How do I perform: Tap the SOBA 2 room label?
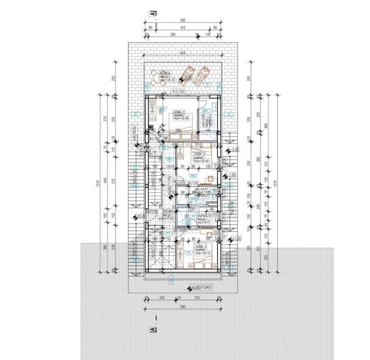click(x=198, y=158)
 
